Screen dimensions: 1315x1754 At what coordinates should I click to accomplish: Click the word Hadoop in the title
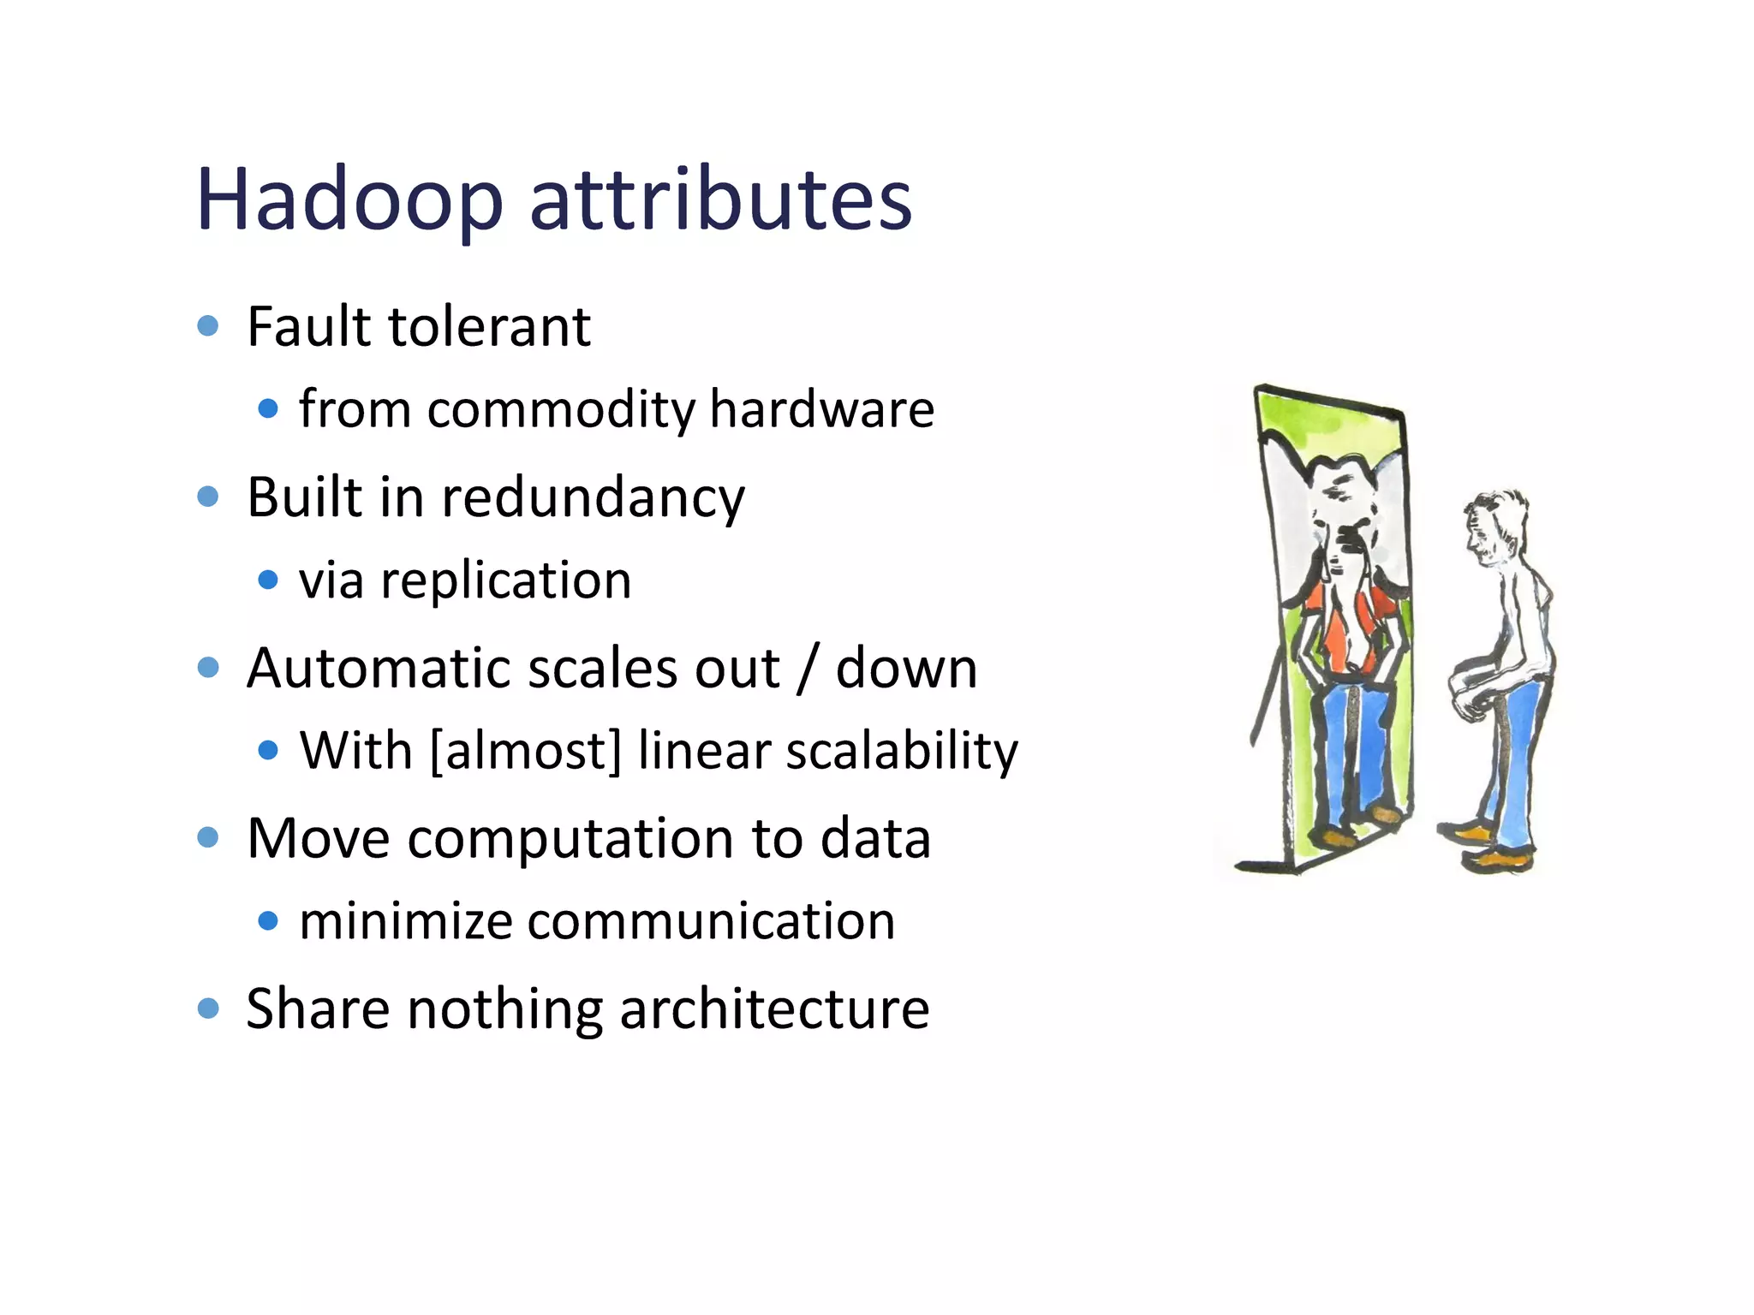[349, 200]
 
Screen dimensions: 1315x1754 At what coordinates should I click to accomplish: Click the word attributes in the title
[721, 200]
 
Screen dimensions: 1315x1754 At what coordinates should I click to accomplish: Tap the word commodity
[561, 409]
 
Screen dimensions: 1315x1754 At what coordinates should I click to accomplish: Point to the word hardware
[821, 409]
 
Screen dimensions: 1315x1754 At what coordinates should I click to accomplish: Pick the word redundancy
[593, 498]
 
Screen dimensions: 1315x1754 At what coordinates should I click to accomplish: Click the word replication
[506, 581]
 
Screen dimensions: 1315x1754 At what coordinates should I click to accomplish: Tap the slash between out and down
[806, 669]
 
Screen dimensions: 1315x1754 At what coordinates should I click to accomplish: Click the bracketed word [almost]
[525, 751]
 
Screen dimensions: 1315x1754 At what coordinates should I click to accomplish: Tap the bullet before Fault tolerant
[208, 326]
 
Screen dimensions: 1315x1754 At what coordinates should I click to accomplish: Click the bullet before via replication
[268, 580]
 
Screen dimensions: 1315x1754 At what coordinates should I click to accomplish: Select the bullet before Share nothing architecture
[208, 1008]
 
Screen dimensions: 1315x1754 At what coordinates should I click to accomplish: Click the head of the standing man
[1494, 527]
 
